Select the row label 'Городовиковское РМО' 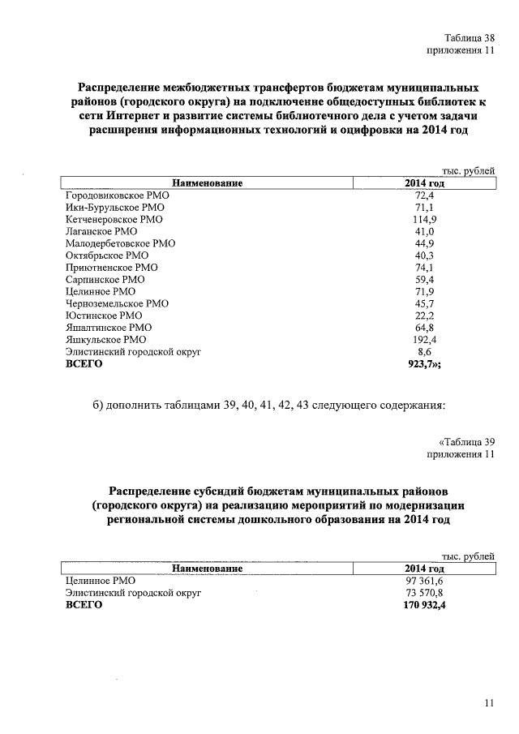tap(116, 195)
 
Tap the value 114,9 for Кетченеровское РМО tap(425, 220)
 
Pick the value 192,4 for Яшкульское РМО tap(425, 340)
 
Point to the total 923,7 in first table tap(427, 364)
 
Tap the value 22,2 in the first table tap(425, 315)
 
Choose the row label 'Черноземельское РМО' tap(117, 303)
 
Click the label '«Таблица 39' tap(465, 442)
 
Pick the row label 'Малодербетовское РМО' tap(119, 243)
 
